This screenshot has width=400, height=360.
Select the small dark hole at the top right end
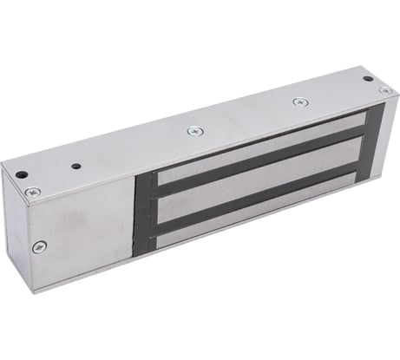368,79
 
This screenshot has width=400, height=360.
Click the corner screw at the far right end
382,90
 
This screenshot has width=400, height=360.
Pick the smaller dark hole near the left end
76,166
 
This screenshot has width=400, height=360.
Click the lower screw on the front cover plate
36,247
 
